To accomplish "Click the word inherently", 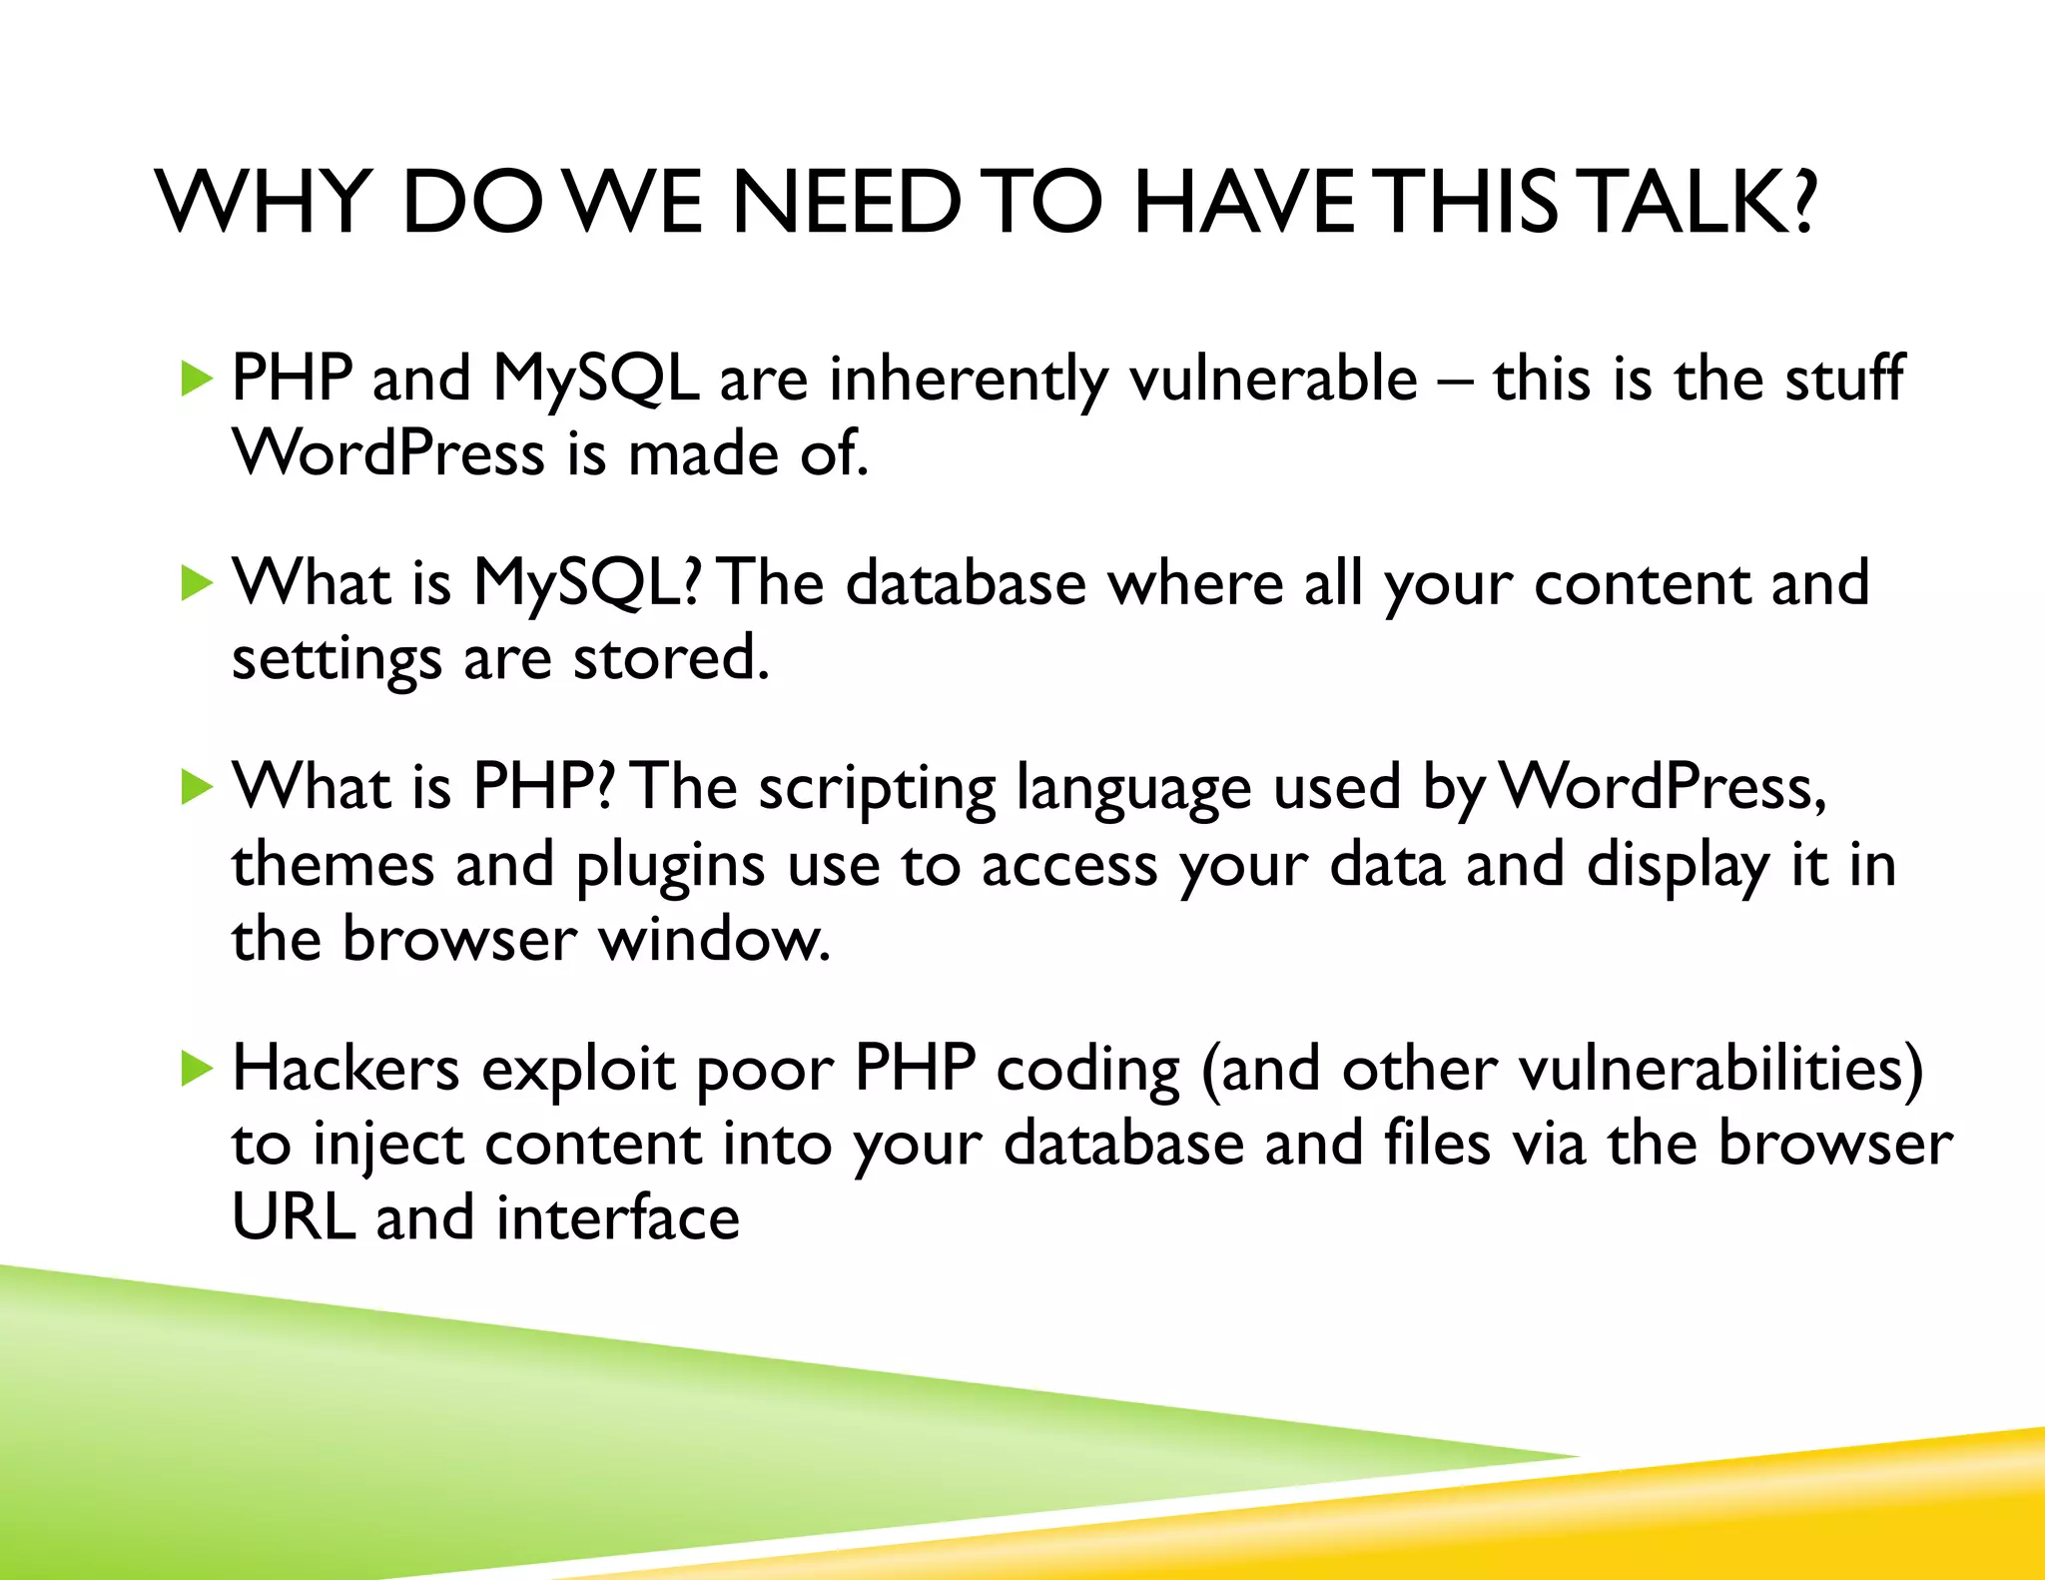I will click(968, 380).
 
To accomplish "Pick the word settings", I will click(337, 660).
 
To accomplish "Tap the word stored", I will click(670, 658).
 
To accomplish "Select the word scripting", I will click(877, 789).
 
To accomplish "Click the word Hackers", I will click(345, 1069).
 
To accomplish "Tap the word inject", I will click(387, 1146).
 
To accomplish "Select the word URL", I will click(294, 1217).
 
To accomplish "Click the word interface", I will click(618, 1217).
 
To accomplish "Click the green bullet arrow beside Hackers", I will click(198, 1071).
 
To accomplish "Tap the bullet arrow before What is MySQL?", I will click(198, 583).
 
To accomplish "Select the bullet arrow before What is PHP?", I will click(198, 788).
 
